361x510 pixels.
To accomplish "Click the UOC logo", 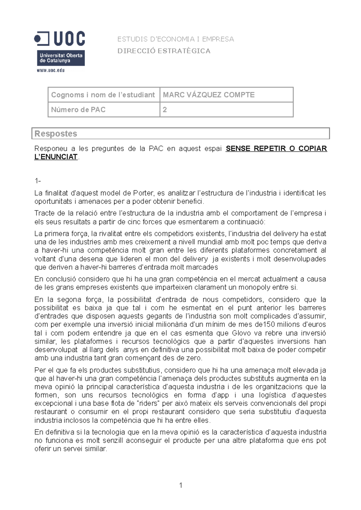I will [x=60, y=48].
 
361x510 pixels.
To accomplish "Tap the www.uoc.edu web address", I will [x=51, y=71].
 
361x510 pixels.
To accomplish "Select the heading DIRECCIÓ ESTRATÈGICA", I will [x=164, y=51].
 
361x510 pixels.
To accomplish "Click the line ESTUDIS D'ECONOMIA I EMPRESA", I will [x=175, y=39].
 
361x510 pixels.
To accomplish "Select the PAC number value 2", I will [x=165, y=110].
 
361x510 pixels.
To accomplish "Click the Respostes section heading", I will [x=56, y=134].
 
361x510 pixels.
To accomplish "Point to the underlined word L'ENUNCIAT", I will [x=56, y=157].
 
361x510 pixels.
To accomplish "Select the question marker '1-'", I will [x=38, y=181].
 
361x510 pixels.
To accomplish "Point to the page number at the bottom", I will [x=180, y=485].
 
